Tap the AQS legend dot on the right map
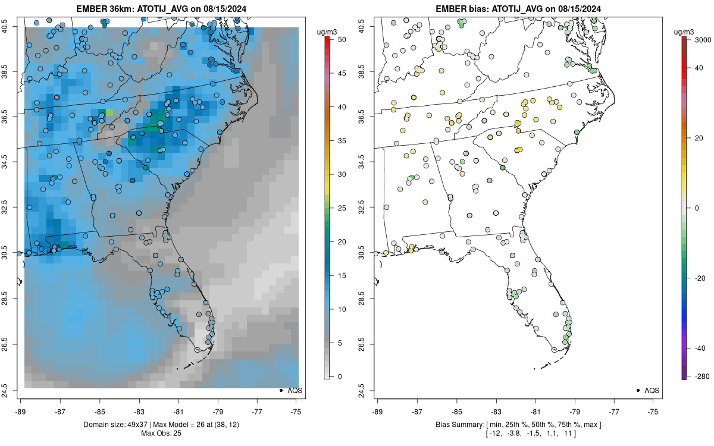tap(637, 390)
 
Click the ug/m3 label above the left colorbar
tap(327, 31)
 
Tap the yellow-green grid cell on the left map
tap(109, 112)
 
